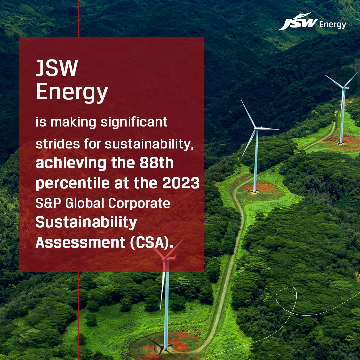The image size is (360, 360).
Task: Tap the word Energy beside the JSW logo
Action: [x=332, y=25]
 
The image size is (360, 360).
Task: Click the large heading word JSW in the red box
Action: [x=57, y=68]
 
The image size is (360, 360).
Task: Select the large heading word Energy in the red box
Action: [x=72, y=93]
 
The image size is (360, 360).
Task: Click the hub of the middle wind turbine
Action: [x=257, y=128]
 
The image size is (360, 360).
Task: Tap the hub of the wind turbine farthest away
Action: [x=343, y=88]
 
